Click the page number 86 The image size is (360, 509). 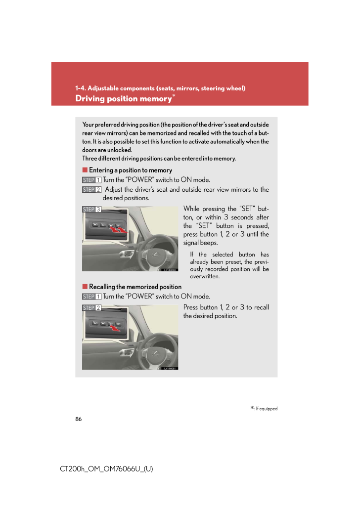[78, 419]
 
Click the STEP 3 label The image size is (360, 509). [92, 209]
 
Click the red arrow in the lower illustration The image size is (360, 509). [114, 327]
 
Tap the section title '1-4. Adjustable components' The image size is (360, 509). [161, 88]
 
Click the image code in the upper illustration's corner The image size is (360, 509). [170, 270]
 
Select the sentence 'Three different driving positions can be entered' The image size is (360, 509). [159, 159]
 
